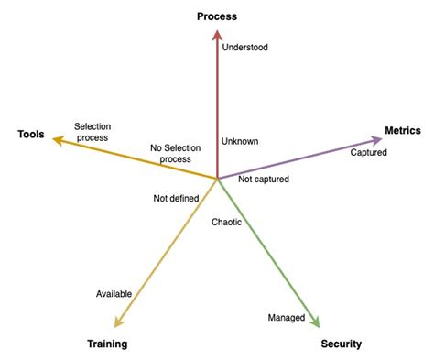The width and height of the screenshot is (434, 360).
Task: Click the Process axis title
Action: [x=217, y=16]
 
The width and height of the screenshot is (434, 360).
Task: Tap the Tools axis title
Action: [x=31, y=135]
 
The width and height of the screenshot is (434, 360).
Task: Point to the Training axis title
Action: [x=108, y=344]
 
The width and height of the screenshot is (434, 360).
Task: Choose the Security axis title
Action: [x=342, y=344]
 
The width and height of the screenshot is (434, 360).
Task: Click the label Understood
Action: [x=246, y=46]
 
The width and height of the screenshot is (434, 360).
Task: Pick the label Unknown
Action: [x=241, y=141]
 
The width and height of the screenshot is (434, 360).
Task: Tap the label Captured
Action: [x=369, y=152]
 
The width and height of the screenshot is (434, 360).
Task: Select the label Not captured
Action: [x=264, y=180]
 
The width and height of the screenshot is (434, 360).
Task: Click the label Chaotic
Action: [x=227, y=222]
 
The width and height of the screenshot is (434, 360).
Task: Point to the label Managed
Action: [x=286, y=317]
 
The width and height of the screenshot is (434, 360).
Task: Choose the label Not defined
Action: [x=177, y=198]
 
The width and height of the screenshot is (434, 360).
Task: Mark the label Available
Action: [x=114, y=293]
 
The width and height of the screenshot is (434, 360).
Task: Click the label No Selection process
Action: [x=175, y=153]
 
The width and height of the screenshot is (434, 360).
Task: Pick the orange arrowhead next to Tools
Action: [x=58, y=139]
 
